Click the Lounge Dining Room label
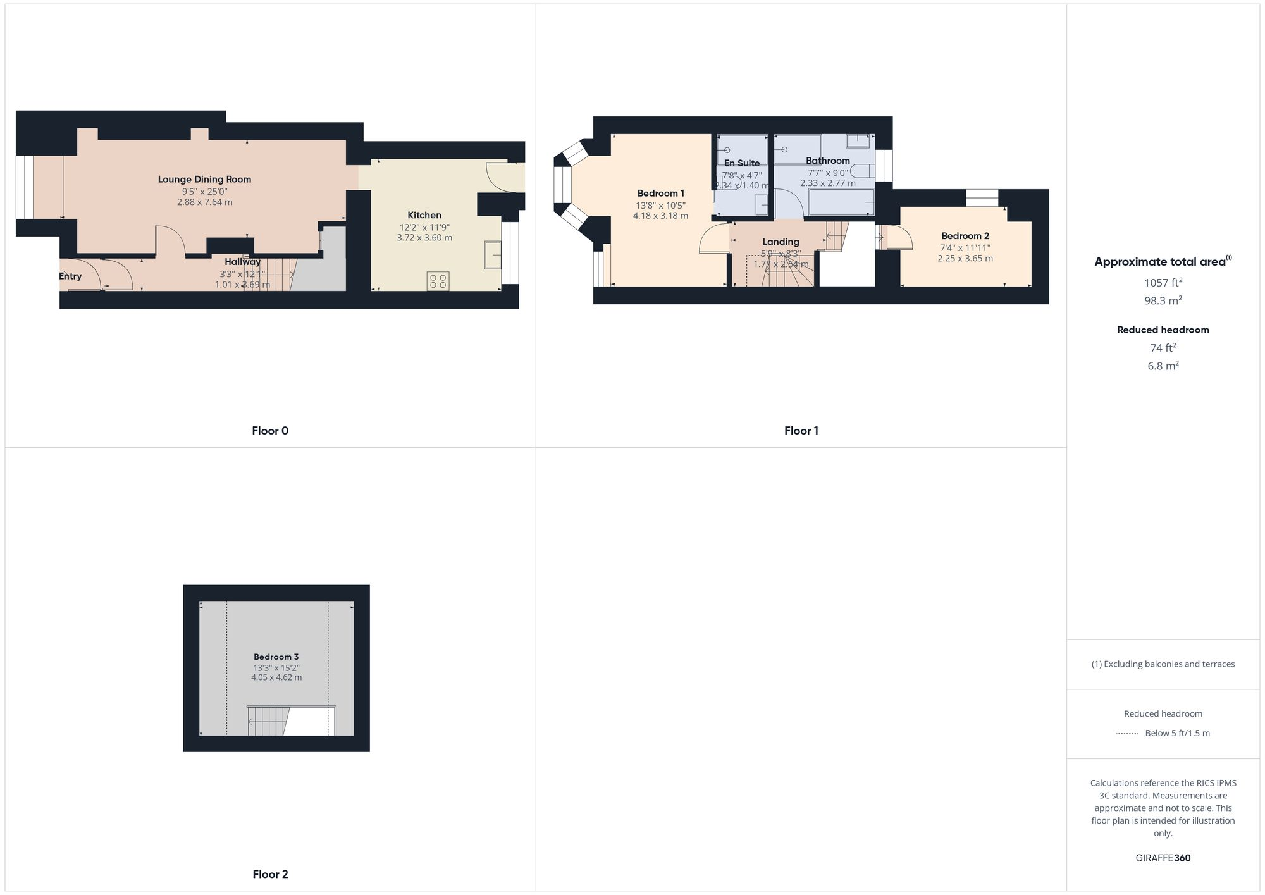pyautogui.click(x=204, y=180)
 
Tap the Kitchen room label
pyautogui.click(x=424, y=215)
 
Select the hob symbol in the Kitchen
pyautogui.click(x=438, y=281)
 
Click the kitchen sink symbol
pyautogui.click(x=493, y=255)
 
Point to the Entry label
pyautogui.click(x=70, y=276)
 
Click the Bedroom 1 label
pyautogui.click(x=660, y=194)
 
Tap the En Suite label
pyautogui.click(x=742, y=163)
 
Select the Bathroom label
pyautogui.click(x=827, y=161)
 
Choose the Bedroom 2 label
pyautogui.click(x=965, y=236)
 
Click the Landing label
pyautogui.click(x=781, y=242)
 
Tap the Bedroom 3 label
pyautogui.click(x=276, y=657)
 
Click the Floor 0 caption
pyautogui.click(x=270, y=431)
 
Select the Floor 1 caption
pyautogui.click(x=801, y=431)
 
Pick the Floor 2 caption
pyautogui.click(x=270, y=874)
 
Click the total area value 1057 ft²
pyautogui.click(x=1163, y=283)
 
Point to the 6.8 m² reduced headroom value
pyautogui.click(x=1163, y=366)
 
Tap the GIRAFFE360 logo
pyautogui.click(x=1163, y=858)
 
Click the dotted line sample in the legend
pyautogui.click(x=1127, y=734)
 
